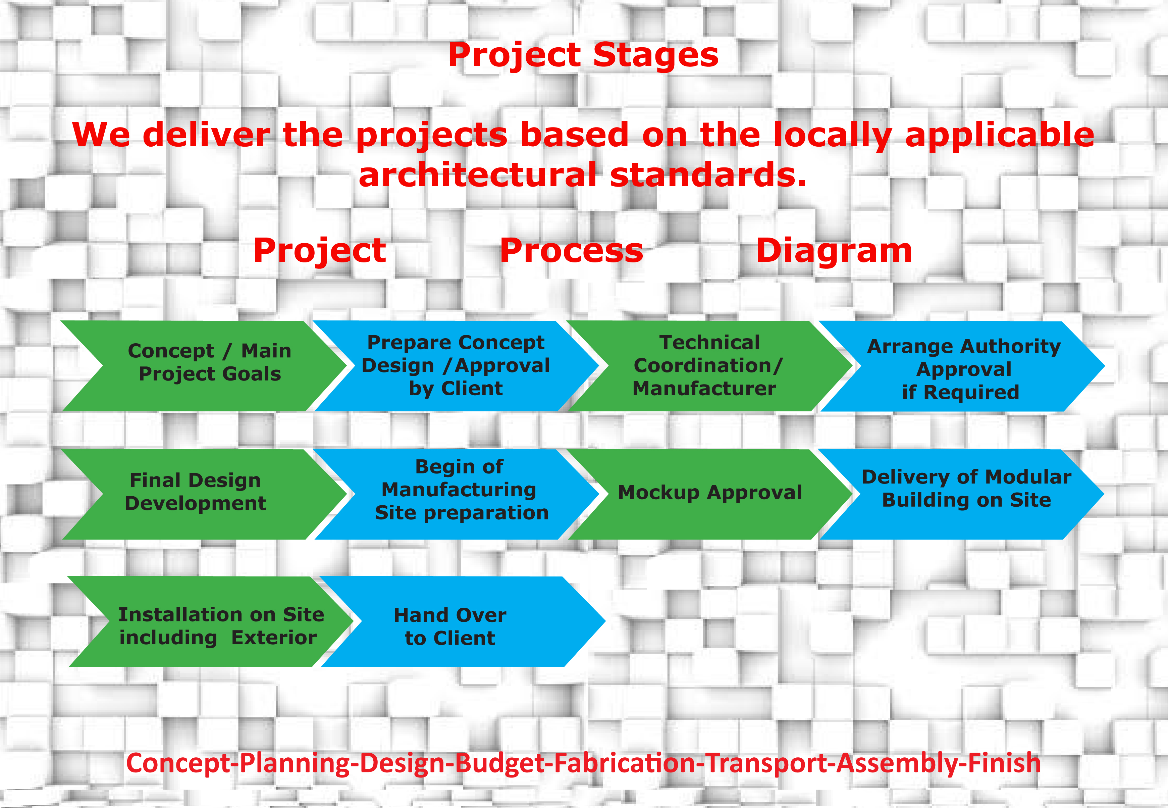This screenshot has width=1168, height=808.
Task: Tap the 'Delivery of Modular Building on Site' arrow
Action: click(961, 494)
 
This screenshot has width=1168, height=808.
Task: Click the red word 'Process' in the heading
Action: click(571, 251)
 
